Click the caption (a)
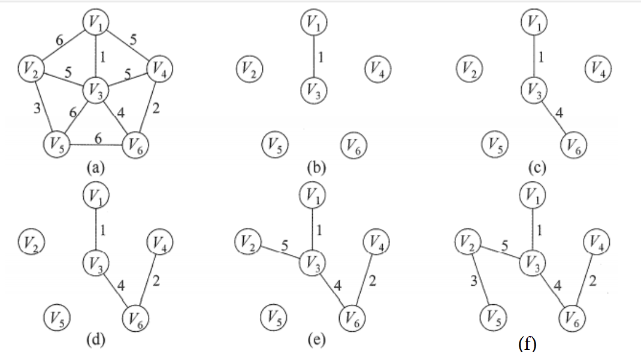96,168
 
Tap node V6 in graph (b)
353,144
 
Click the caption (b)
315,168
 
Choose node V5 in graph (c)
495,144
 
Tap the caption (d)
96,341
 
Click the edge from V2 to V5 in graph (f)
482,279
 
